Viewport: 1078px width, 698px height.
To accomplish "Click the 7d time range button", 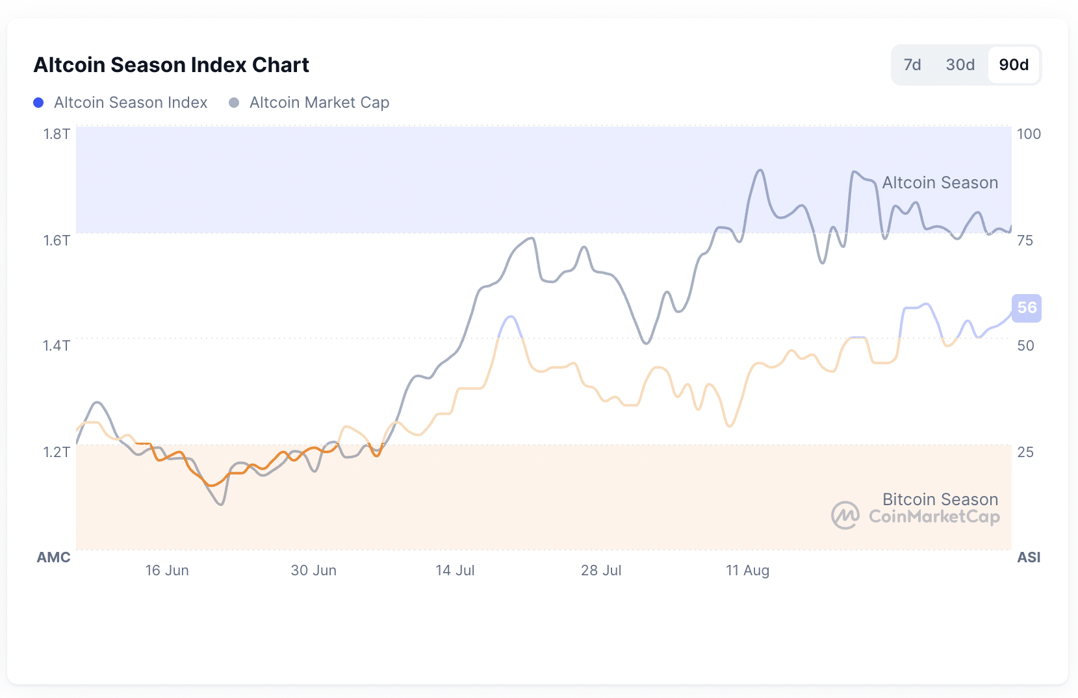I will [912, 65].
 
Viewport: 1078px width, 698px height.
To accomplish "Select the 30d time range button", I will [960, 65].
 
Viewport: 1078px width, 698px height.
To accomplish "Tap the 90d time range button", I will [1013, 65].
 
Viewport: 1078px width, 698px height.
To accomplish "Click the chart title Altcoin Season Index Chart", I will [172, 65].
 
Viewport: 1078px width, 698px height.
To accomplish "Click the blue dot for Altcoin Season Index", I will [38, 103].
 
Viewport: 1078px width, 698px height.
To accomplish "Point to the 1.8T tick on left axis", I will [57, 134].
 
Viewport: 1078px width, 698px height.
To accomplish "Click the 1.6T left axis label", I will [57, 240].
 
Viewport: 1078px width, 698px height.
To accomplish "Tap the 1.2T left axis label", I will [57, 452].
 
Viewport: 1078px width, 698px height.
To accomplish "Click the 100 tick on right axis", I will [1029, 134].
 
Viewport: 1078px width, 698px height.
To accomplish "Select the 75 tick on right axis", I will [1025, 240].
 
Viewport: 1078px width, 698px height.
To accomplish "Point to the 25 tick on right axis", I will [1025, 452].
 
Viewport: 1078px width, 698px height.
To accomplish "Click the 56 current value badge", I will [1027, 308].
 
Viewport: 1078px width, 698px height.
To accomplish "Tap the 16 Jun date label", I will [167, 570].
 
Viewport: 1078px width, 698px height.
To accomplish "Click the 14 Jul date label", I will [455, 570].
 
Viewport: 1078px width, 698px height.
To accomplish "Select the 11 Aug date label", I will [747, 570].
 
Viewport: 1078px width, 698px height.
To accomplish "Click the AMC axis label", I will [53, 557].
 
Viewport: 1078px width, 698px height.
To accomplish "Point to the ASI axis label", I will [1029, 557].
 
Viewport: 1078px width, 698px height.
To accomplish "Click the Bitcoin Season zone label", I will [940, 499].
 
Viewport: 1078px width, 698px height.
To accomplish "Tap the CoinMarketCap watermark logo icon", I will [845, 516].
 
